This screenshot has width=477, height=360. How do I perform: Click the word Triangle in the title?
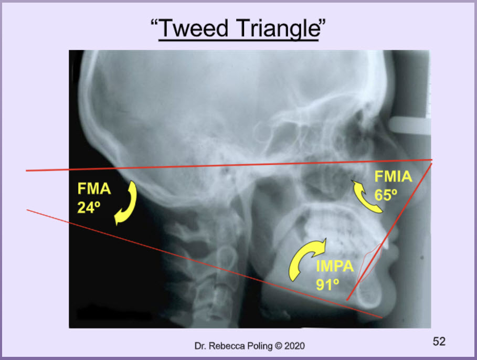[278, 29]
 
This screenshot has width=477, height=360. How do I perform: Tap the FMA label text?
[94, 188]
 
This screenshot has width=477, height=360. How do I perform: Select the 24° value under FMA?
[89, 207]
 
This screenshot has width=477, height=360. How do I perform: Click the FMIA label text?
[393, 176]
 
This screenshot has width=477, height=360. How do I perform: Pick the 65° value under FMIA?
[386, 195]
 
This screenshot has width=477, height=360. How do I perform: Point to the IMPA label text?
[335, 266]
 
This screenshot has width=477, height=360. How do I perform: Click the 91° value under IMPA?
[327, 285]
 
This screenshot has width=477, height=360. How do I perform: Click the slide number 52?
[439, 342]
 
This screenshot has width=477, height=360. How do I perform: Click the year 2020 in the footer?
[294, 346]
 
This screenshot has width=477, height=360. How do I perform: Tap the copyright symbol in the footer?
[278, 346]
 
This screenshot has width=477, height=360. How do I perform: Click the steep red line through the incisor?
[389, 232]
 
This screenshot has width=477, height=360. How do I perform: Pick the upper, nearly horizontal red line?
[229, 165]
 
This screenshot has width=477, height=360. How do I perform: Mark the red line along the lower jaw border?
[205, 264]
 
